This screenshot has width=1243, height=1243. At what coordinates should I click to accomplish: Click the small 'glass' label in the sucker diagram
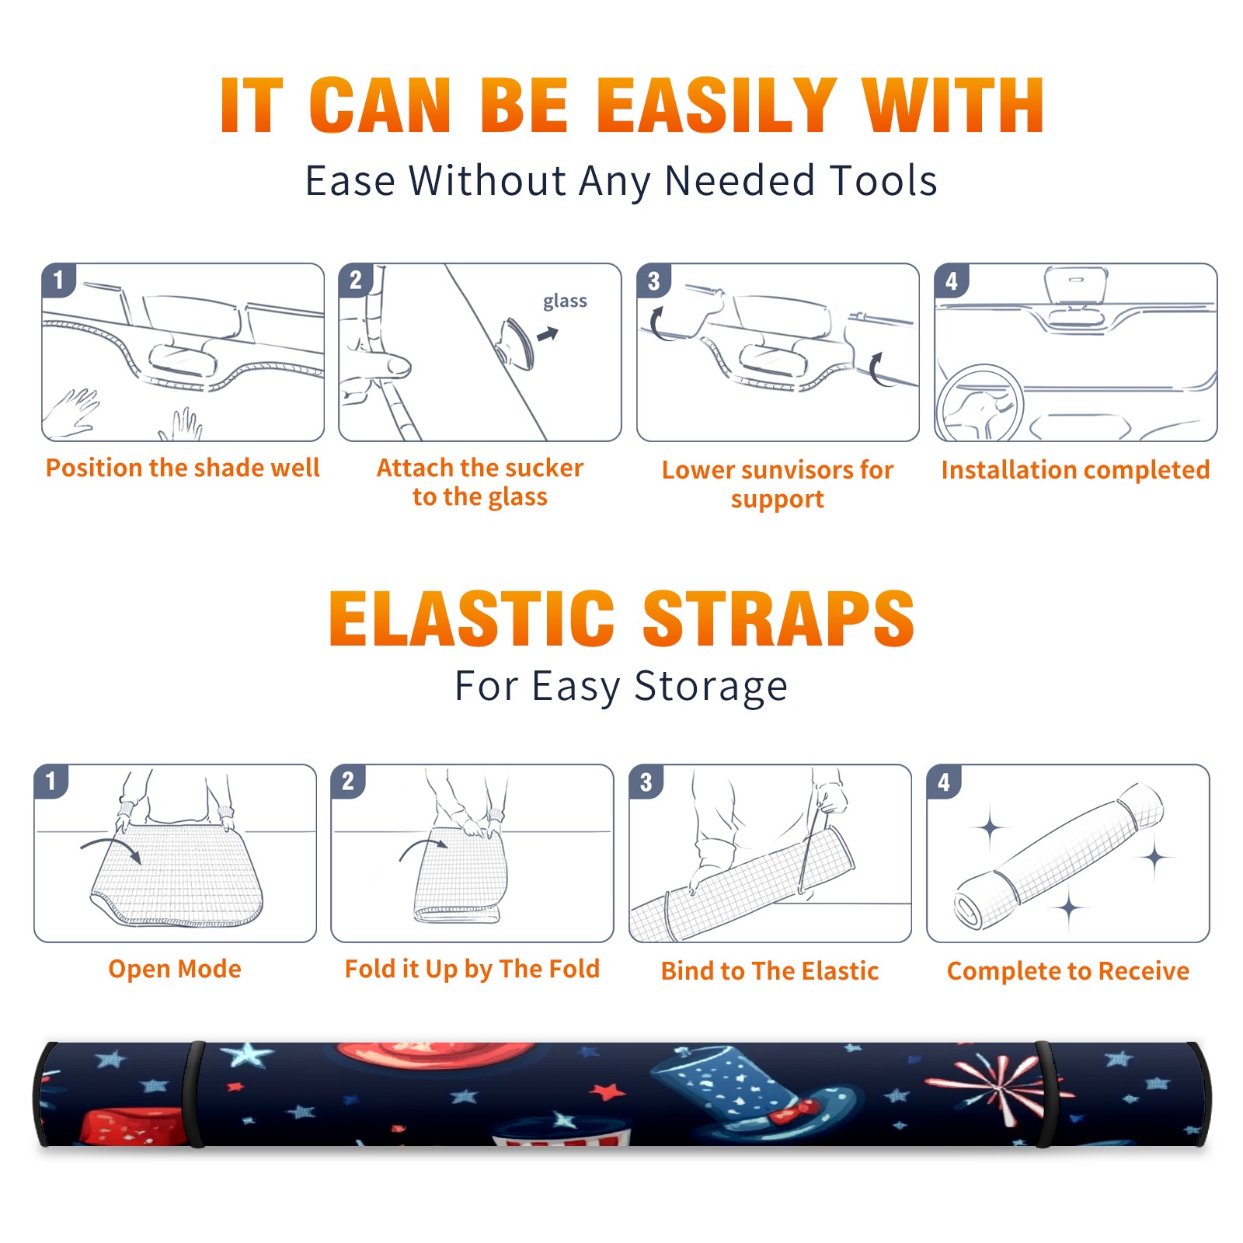coord(565,301)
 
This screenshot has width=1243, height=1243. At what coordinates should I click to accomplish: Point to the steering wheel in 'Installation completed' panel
coord(980,405)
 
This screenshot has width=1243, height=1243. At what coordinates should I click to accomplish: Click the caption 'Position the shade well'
coord(183,468)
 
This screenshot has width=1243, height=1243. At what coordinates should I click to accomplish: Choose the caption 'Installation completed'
coord(1075,470)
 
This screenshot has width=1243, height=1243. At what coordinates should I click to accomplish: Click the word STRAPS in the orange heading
coord(778,618)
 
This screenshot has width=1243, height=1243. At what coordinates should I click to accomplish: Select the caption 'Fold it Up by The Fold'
coord(472,969)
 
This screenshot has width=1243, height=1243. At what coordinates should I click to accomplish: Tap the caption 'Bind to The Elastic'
coord(770,971)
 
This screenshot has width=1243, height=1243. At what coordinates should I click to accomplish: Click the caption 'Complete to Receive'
coord(1068,971)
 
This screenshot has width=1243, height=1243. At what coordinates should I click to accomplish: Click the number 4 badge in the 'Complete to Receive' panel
coord(944,782)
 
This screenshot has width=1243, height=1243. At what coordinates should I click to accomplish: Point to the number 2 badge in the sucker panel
coord(356,280)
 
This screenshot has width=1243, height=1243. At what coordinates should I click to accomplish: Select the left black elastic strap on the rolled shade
coord(194,1095)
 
